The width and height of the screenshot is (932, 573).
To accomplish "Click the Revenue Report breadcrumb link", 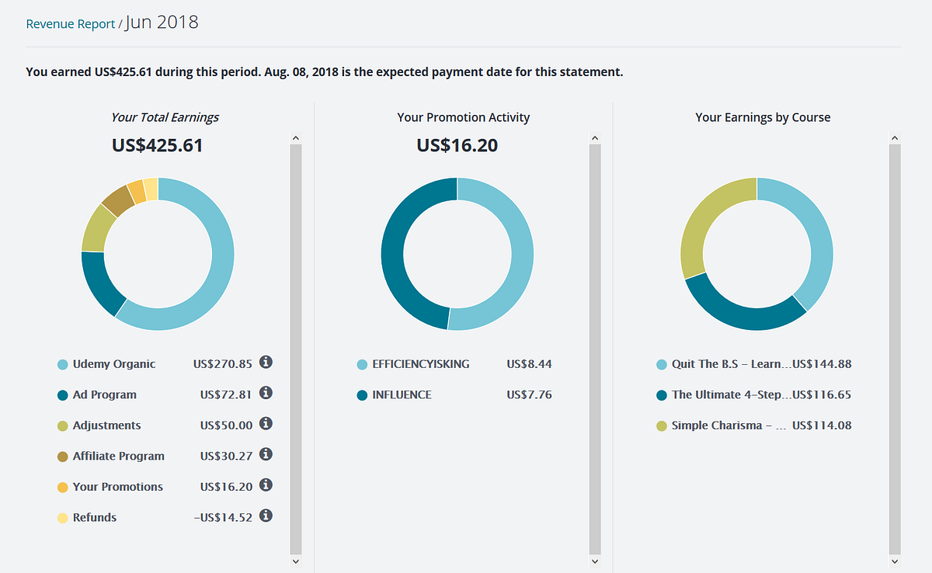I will (71, 24).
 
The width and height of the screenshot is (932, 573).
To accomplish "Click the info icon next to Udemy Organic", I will (266, 363).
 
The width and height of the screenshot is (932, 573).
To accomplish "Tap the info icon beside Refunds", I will (266, 516).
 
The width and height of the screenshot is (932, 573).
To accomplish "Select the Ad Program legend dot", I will (63, 395).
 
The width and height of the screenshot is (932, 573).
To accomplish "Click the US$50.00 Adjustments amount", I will (226, 425).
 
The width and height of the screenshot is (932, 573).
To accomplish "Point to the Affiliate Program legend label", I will (118, 457).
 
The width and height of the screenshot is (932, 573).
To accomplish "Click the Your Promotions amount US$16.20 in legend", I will (226, 487).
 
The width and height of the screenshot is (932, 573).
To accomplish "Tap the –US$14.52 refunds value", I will (223, 517).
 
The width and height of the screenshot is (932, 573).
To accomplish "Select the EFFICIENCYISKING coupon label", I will (421, 364).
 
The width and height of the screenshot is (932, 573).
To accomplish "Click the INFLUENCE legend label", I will (402, 395).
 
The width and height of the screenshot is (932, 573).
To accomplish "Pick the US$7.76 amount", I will (529, 395).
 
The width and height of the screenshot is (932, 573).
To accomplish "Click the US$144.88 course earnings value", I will (822, 364).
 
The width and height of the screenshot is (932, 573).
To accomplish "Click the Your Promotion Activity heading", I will (464, 118).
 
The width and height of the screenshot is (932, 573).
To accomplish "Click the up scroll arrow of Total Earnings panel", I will (295, 138).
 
